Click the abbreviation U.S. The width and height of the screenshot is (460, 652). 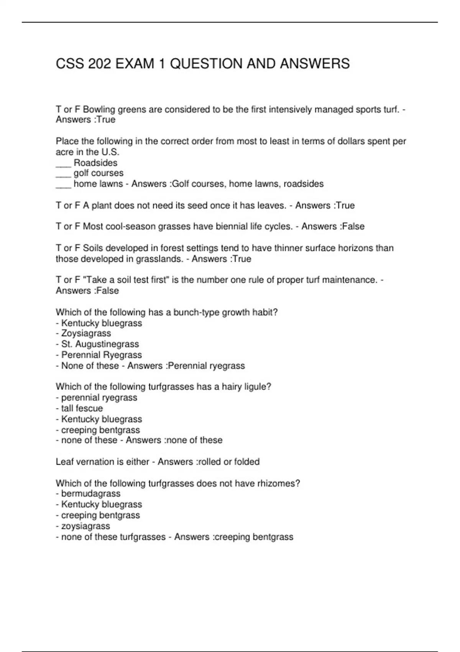[110, 152]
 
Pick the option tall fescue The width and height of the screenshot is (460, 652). [82, 408]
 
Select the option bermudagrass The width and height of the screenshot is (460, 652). [90, 494]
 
